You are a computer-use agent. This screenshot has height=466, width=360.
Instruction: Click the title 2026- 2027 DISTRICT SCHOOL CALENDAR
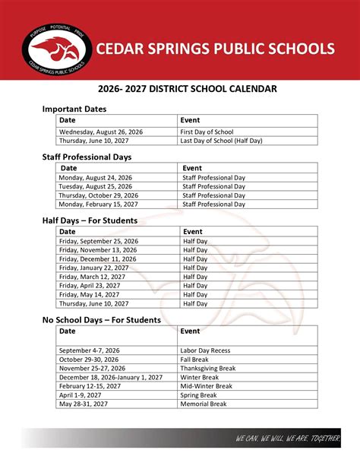180,89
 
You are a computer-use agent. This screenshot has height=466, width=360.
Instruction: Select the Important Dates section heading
74,109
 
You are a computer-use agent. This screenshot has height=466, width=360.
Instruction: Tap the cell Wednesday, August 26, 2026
101,132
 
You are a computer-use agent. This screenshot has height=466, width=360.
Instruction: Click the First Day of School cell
207,132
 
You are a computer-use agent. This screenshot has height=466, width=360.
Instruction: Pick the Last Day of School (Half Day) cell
221,141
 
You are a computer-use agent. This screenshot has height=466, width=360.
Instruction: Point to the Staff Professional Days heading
87,157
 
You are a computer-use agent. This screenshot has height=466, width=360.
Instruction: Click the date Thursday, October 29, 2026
97,195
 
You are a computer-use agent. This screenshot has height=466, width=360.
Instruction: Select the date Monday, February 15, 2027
96,204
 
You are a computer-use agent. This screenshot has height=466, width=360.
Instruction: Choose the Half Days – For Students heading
90,220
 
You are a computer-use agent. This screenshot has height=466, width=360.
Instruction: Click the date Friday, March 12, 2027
91,277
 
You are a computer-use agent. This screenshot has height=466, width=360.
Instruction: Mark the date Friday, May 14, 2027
89,295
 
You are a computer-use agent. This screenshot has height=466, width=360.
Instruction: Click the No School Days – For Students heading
101,320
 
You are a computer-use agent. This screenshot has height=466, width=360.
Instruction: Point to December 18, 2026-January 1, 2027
110,377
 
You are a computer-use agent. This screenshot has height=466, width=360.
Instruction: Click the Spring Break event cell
200,395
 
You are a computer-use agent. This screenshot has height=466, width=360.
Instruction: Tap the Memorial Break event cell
204,404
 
